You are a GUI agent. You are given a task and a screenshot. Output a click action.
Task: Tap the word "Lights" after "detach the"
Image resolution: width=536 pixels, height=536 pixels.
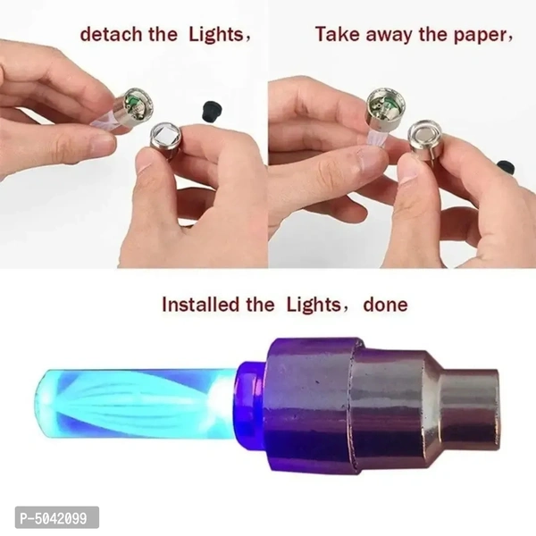[x=216, y=35]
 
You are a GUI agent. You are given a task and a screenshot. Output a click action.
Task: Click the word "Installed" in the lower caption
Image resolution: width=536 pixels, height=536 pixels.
[x=201, y=305]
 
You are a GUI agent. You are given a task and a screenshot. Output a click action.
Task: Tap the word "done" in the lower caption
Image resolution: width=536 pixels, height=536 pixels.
[x=385, y=305]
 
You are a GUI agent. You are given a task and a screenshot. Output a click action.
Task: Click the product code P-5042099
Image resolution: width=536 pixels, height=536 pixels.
[x=54, y=518]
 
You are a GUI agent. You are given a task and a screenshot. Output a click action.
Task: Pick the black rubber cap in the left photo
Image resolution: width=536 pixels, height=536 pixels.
[x=210, y=109]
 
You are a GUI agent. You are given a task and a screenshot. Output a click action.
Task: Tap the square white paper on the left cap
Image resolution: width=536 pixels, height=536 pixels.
[x=164, y=135]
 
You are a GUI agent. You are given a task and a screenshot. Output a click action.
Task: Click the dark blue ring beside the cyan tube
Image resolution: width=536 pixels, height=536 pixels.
[x=251, y=406]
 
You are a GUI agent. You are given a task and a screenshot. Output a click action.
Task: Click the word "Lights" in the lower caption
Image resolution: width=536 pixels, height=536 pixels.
[x=314, y=305]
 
